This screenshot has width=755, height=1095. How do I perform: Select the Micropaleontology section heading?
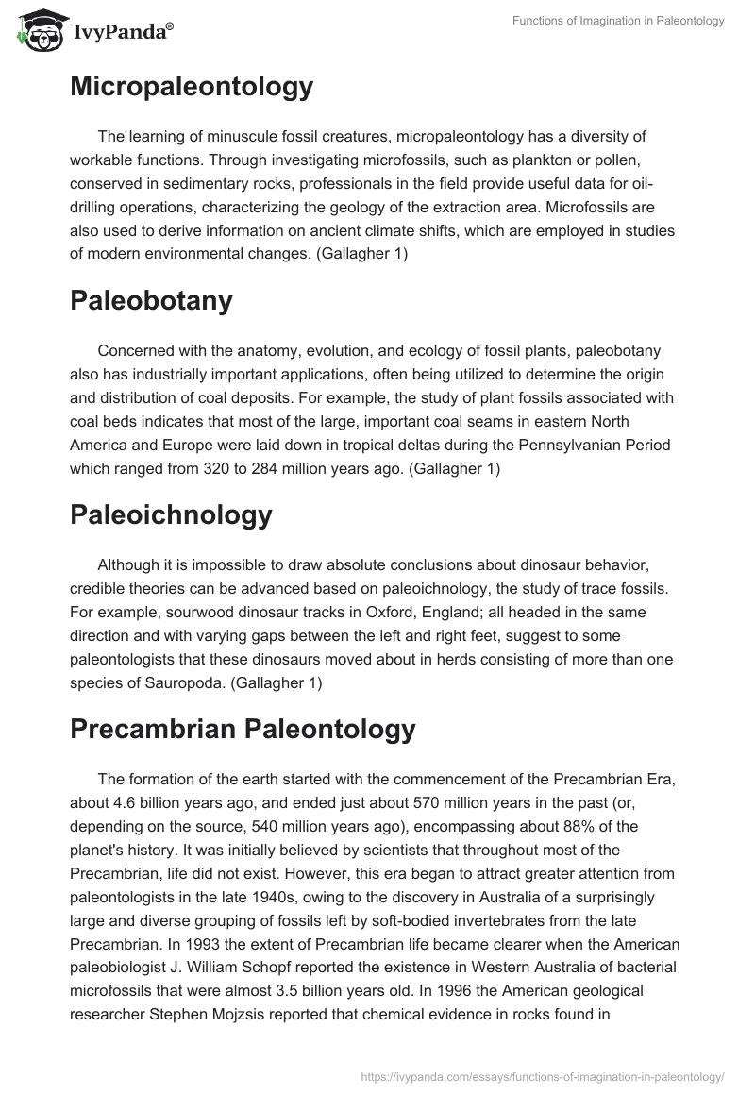[x=192, y=87]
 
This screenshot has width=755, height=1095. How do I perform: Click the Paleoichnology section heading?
[x=171, y=514]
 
